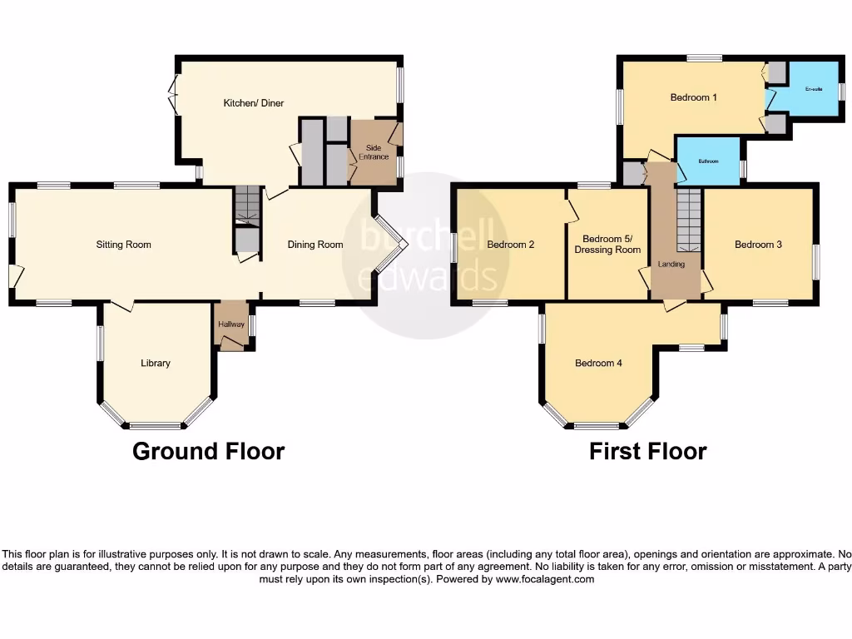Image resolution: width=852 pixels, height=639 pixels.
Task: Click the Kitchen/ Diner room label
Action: coord(253,103)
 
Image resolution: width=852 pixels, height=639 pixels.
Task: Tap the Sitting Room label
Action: coord(123,245)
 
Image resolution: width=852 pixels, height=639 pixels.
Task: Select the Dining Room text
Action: coord(315,245)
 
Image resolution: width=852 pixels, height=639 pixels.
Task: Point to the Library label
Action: coord(156,363)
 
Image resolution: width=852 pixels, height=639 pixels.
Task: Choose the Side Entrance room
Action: coord(373,152)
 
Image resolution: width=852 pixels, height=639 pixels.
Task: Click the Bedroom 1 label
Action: coord(694,97)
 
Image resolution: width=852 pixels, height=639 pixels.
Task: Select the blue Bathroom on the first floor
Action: coord(708,161)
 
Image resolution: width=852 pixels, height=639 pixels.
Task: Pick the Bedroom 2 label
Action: coord(510,245)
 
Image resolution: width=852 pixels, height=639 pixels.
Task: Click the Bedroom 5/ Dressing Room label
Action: coord(612,244)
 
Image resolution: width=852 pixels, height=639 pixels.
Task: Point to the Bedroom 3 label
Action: coord(758,245)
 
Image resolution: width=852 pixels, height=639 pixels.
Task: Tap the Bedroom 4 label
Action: coord(598,363)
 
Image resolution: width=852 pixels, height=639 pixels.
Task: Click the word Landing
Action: coord(671,265)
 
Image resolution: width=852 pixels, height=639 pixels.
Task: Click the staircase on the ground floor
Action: coord(247,205)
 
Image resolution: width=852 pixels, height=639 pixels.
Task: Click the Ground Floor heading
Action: coord(208,452)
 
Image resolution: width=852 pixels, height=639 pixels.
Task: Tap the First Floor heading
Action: coord(647,452)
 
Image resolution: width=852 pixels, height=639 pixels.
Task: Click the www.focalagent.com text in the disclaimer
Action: coord(545,579)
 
